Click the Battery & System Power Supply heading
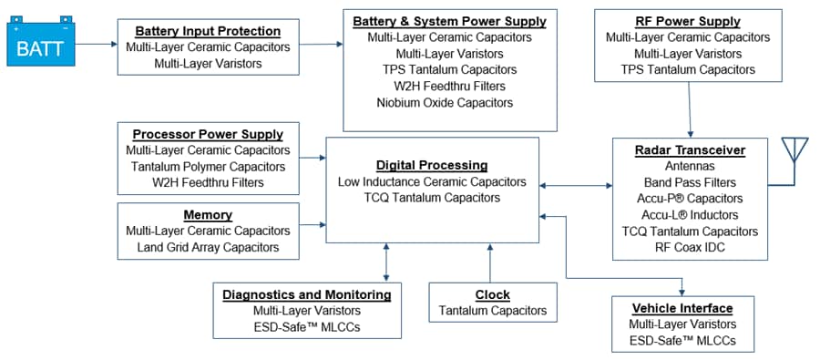(449, 21)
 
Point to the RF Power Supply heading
(687, 21)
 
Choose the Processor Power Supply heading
(208, 134)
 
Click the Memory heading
(208, 215)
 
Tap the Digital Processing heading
(432, 165)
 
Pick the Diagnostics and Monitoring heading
(307, 294)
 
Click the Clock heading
(492, 294)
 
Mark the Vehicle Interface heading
(682, 308)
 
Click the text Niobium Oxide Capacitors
(449, 103)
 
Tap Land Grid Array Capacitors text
(208, 248)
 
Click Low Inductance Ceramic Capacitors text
(432, 181)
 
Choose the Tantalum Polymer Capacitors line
(208, 167)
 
